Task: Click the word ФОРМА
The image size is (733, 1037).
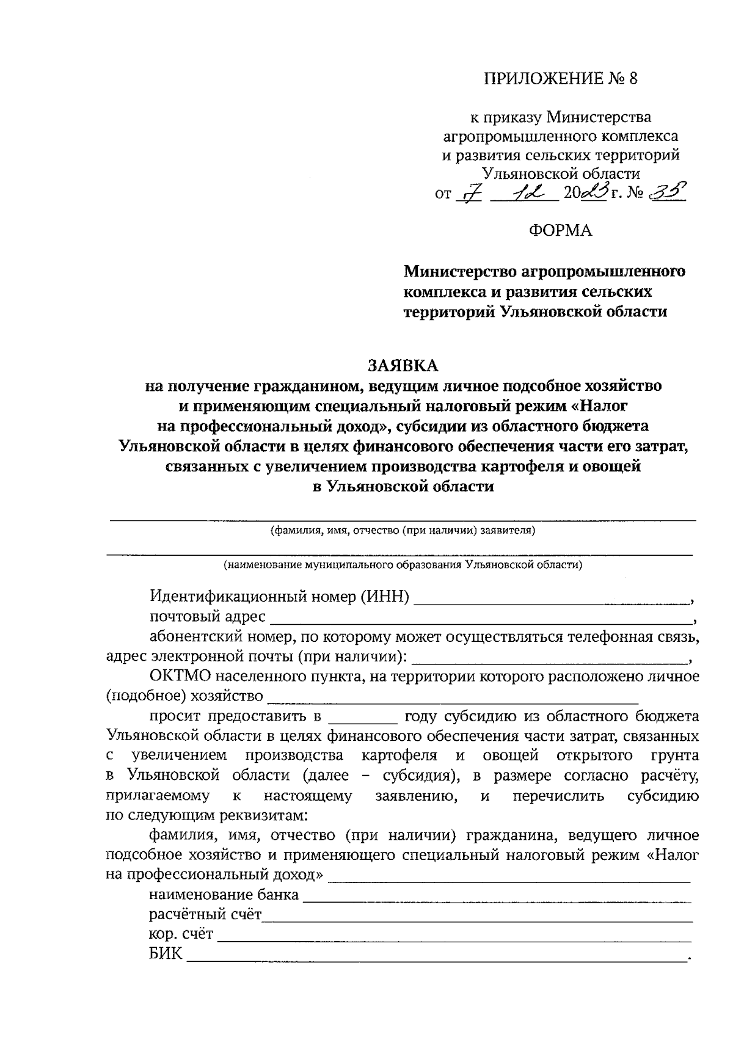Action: tap(560, 231)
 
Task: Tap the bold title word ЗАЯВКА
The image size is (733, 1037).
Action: tap(403, 365)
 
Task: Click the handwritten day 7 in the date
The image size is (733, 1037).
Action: tap(469, 194)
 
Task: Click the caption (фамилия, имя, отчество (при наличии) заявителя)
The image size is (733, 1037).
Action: tap(403, 530)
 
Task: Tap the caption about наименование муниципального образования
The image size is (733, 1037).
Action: tap(403, 564)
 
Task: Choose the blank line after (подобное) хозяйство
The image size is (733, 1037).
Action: tap(453, 699)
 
